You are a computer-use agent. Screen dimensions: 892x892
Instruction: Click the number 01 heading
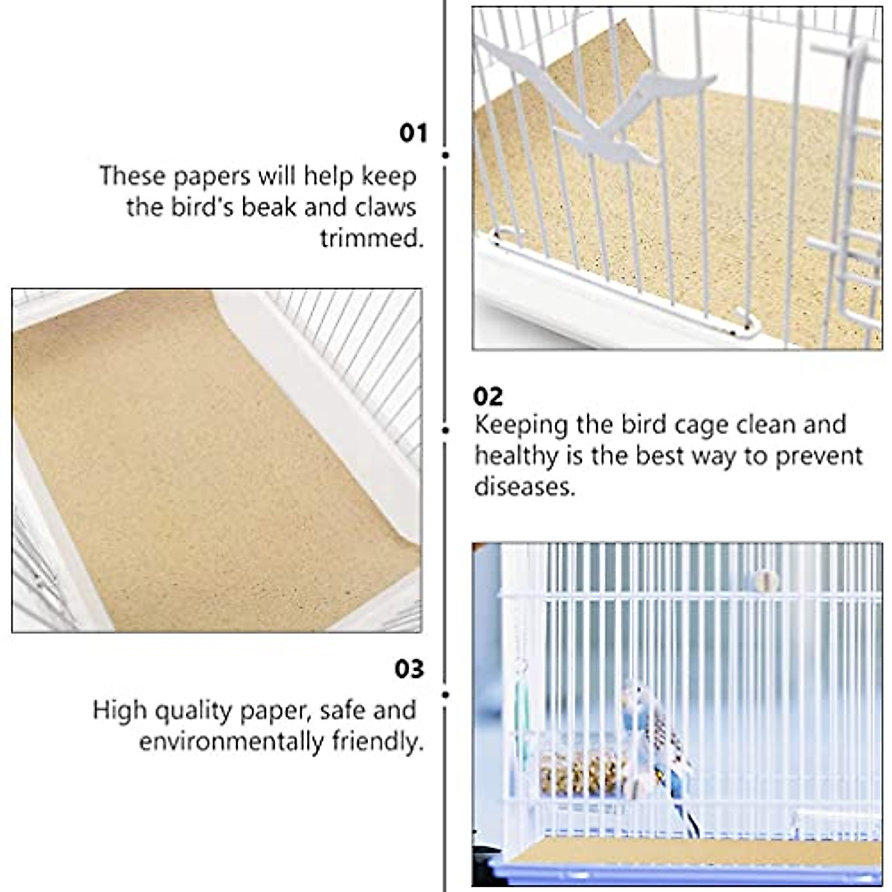413,134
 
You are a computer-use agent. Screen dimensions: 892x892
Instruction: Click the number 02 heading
488,396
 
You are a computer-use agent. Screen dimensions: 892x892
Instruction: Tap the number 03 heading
409,669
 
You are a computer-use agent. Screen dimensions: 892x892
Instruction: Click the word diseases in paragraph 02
525,487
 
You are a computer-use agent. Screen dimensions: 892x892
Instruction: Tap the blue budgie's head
636,695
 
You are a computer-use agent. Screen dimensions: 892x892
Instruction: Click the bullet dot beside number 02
446,430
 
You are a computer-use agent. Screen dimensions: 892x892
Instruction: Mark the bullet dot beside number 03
446,695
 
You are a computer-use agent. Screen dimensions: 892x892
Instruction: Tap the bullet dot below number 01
446,155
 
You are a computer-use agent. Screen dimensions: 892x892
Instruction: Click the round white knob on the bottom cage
764,580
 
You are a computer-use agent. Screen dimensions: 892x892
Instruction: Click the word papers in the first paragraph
213,175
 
